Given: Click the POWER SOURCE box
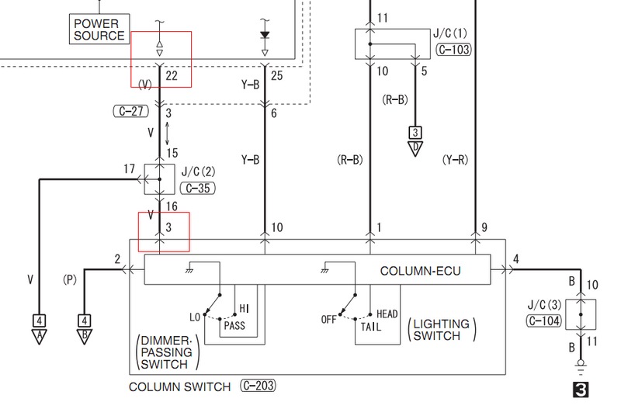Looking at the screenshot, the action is click(99, 29).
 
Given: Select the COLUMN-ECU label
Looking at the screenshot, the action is click(420, 271).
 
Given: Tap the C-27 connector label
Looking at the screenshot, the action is click(131, 111).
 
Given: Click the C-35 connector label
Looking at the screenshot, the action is click(198, 188).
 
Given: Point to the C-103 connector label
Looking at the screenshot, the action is click(453, 50).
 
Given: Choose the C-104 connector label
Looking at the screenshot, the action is click(544, 321).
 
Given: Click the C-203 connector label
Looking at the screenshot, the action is click(258, 386).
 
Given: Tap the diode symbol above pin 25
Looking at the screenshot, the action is click(265, 35).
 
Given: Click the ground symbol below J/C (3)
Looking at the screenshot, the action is click(581, 367).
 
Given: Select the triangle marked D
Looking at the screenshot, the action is click(415, 148).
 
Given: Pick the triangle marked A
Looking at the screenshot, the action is click(40, 337).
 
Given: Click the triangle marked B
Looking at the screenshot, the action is click(85, 337).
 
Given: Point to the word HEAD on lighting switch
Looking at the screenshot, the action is click(387, 314).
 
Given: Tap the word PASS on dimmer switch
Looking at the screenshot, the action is click(234, 326).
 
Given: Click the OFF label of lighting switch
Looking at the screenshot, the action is click(328, 319).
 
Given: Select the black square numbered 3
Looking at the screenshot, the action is click(581, 390).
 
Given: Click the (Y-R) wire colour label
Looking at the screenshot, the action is click(455, 160).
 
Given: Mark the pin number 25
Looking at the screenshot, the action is click(277, 75).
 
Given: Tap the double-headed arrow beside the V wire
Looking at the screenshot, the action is click(167, 133).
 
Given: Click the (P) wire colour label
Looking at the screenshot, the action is click(69, 279).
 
